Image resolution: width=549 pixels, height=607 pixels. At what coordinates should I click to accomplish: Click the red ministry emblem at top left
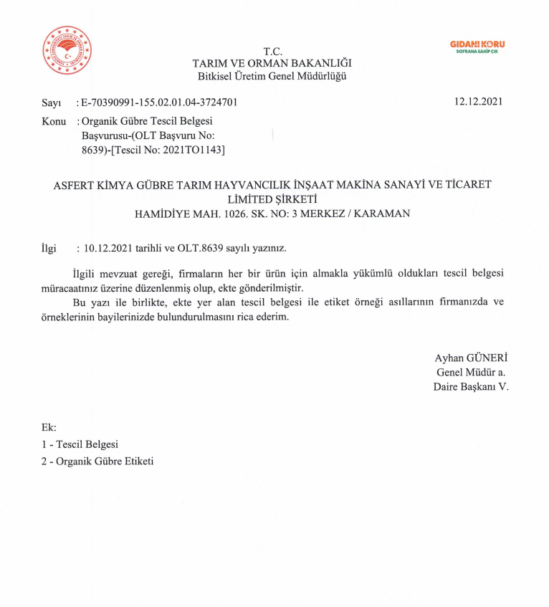67,50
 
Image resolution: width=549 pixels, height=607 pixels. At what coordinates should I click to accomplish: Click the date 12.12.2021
478,102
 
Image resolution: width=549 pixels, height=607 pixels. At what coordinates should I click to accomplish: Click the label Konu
54,122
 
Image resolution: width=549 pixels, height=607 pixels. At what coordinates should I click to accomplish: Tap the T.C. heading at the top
272,52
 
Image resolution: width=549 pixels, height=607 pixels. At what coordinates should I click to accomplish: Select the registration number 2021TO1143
195,150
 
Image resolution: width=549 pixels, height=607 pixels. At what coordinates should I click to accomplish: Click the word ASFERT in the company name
77,185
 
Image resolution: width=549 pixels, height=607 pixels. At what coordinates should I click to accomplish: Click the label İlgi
49,249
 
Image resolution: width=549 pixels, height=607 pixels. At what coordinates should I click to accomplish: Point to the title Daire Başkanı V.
470,387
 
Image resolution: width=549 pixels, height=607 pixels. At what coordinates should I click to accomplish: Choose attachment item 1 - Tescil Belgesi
80,444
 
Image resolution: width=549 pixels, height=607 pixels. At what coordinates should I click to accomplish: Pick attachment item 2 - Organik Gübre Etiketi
97,462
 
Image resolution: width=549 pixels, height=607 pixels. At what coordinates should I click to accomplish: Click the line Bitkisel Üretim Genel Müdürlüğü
272,77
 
